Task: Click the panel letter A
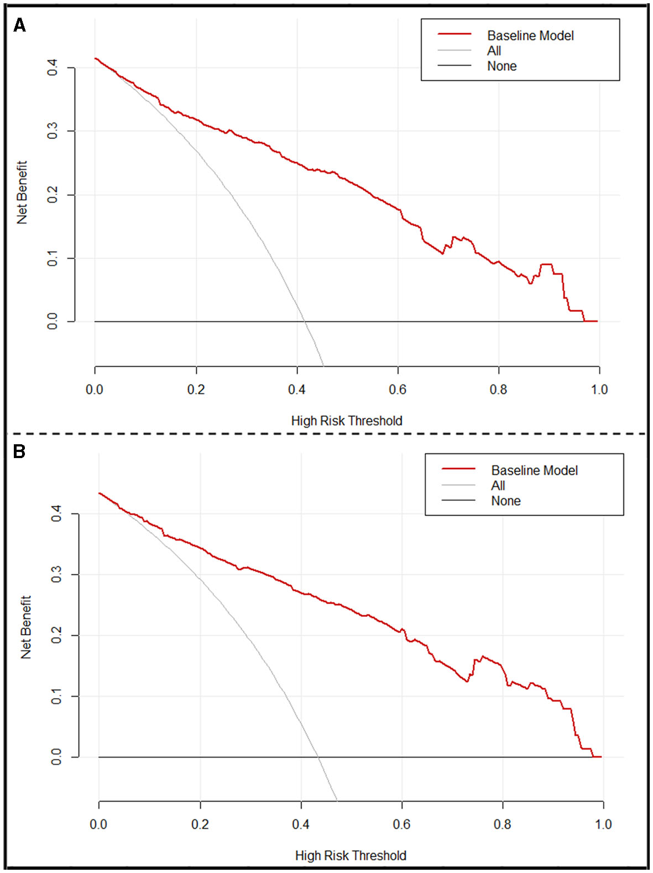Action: pos(19,25)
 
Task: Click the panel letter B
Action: pos(19,452)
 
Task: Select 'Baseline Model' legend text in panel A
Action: pos(530,36)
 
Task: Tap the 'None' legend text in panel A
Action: pos(501,66)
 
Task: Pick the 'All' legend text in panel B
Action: pos(498,486)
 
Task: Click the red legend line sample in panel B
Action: pos(458,469)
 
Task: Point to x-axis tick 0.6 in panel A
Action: pos(398,389)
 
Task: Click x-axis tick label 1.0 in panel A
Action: pos(599,389)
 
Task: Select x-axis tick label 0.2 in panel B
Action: pos(200,824)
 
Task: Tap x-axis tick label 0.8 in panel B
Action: pos(502,824)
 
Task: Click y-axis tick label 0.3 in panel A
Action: pos(53,131)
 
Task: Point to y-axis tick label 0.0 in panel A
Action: pos(53,321)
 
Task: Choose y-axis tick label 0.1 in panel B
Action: pos(56,696)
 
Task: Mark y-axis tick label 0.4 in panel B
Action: pos(56,514)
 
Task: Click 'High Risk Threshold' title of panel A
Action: pos(347,421)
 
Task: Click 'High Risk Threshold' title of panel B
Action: pos(351,856)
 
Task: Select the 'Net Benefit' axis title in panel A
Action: pos(22,193)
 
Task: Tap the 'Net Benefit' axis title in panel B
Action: pos(26,627)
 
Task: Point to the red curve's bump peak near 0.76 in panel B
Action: pos(482,656)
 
